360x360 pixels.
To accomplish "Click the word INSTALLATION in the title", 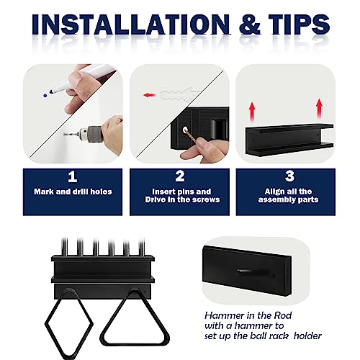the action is click(131, 24).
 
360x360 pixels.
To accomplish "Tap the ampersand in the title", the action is click(250, 24).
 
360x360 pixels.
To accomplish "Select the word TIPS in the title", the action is click(299, 24).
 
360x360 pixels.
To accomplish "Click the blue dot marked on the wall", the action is click(45, 96).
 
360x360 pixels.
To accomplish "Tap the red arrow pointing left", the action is click(150, 95).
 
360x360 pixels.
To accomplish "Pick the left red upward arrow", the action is click(252, 112).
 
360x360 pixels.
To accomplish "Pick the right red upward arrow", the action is click(319, 109).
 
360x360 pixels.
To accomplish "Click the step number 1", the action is click(72, 177).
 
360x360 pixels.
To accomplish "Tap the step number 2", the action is click(180, 176).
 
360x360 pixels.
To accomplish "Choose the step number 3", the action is click(289, 176).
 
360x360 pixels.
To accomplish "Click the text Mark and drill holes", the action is click(73, 192).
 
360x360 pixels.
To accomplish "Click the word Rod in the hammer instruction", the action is click(283, 315).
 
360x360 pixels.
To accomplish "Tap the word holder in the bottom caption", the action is click(307, 336).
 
